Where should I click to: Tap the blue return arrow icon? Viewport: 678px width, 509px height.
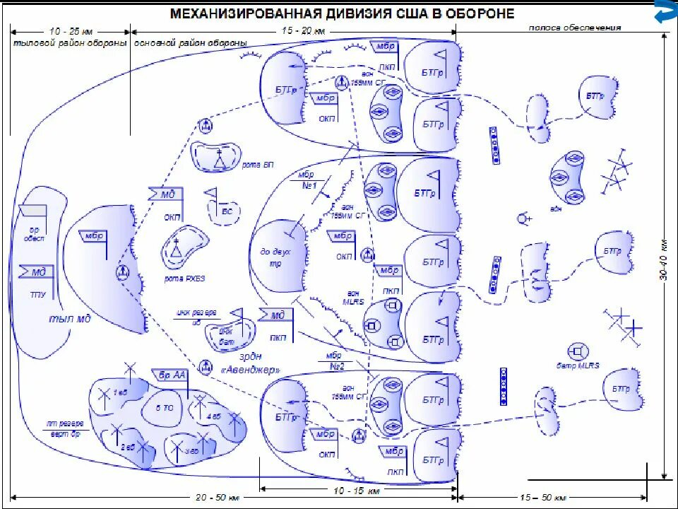click(x=665, y=13)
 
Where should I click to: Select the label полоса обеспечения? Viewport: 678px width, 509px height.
click(x=576, y=28)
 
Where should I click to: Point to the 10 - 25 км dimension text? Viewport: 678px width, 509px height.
click(x=71, y=32)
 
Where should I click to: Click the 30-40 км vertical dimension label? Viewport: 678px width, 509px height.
click(x=664, y=259)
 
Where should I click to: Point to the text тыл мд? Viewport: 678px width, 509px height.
click(x=69, y=318)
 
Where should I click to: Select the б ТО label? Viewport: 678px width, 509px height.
click(x=164, y=407)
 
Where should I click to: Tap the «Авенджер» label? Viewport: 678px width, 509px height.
click(x=251, y=370)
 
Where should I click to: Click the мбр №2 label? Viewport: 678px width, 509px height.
click(x=335, y=361)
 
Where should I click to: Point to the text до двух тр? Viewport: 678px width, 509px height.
click(x=275, y=257)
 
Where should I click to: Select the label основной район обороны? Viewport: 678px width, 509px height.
click(x=191, y=43)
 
